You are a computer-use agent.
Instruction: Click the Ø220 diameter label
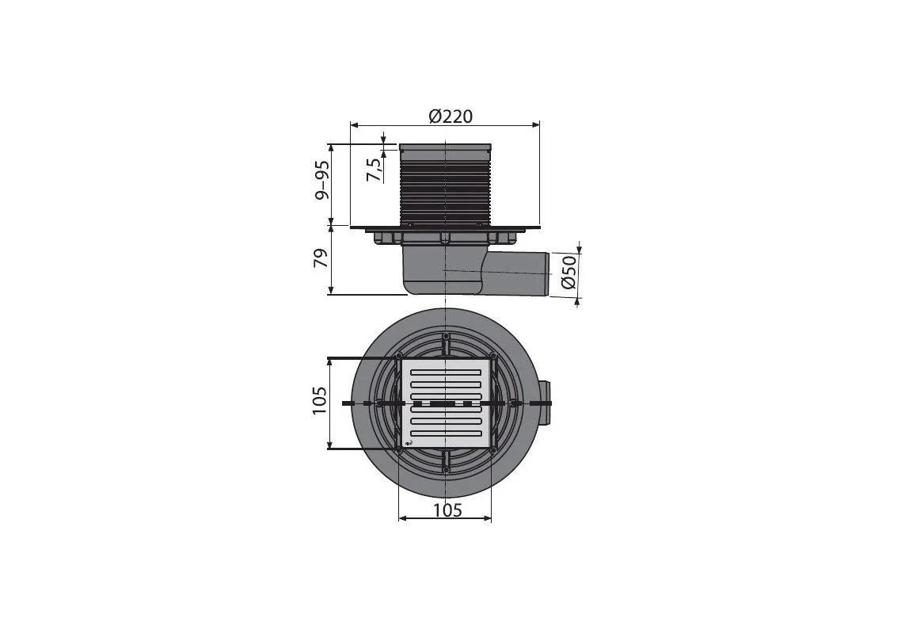click(451, 116)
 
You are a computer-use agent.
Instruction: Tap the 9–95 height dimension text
click(322, 180)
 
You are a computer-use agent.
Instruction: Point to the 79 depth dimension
click(321, 258)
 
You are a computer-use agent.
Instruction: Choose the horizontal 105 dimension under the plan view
click(448, 510)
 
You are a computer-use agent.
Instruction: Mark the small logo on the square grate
click(409, 443)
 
